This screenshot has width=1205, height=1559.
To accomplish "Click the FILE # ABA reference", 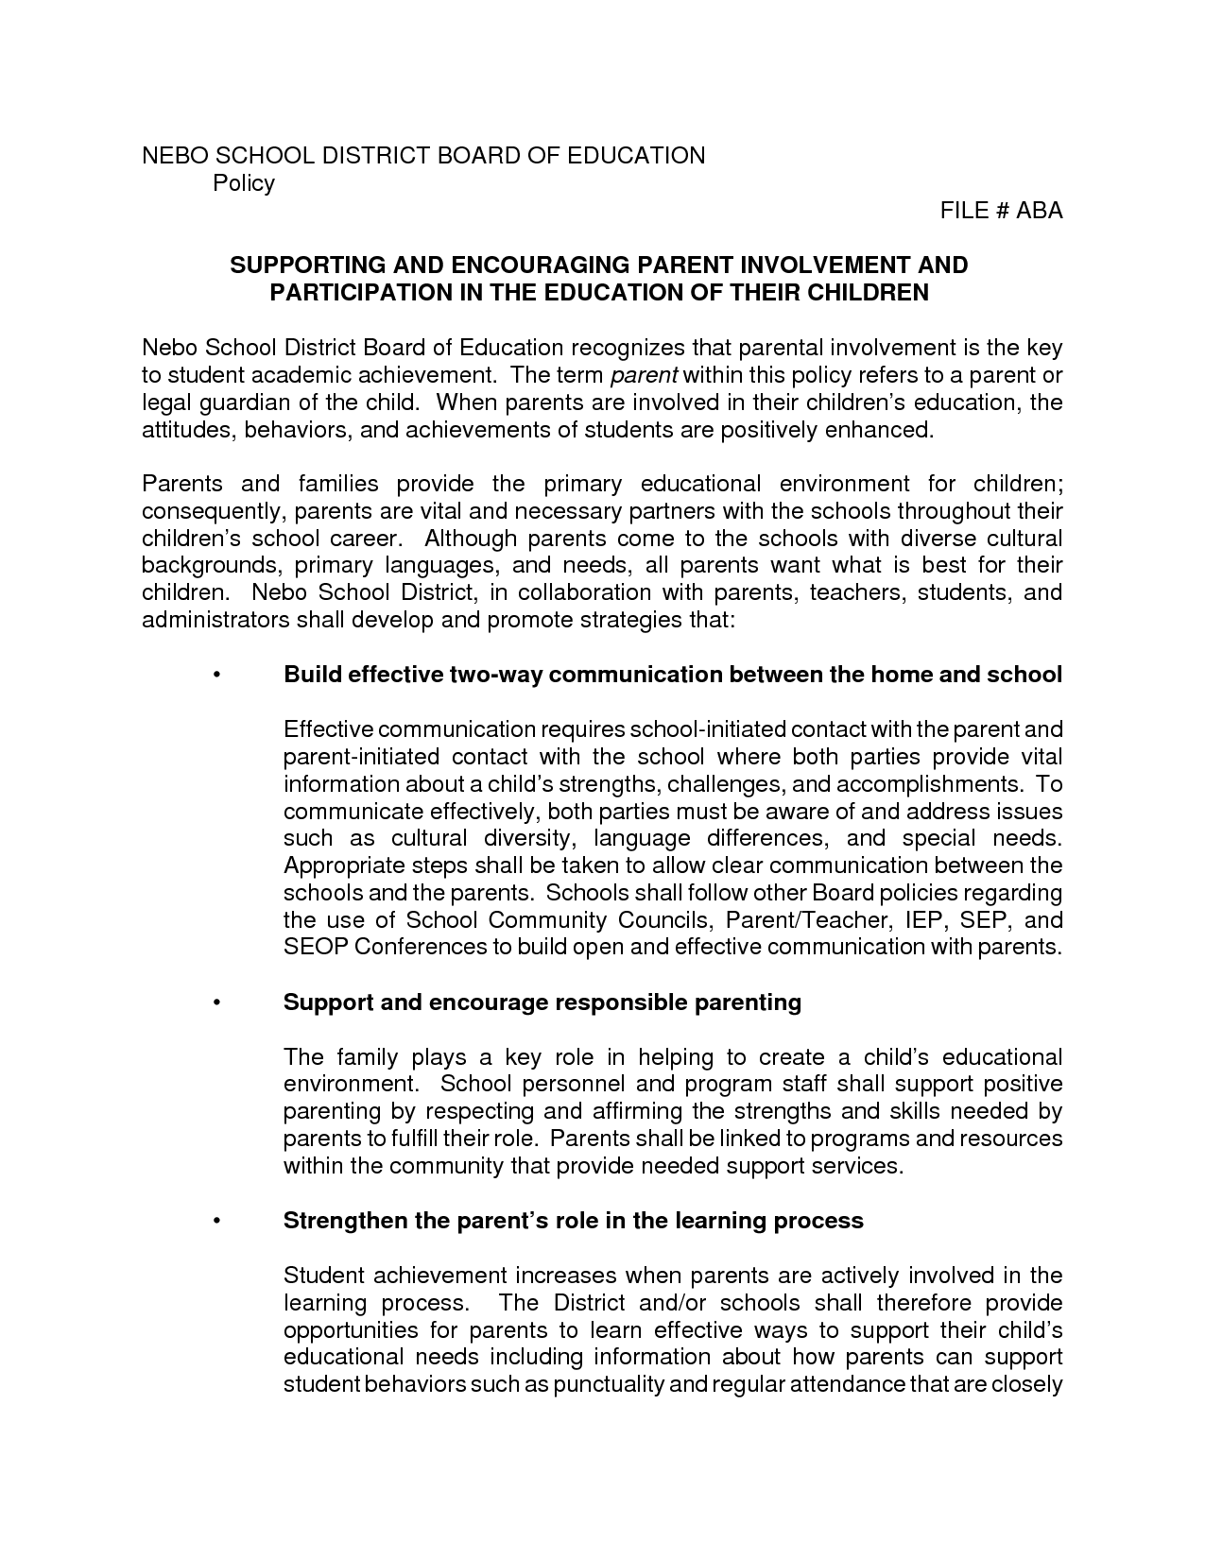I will (x=1001, y=211).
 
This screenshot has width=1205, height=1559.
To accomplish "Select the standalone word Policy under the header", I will (x=244, y=183).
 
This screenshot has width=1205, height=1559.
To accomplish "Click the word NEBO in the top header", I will (x=170, y=156).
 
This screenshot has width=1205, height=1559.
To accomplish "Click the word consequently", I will (x=215, y=512).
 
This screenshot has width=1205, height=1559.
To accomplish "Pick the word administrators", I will (x=215, y=621).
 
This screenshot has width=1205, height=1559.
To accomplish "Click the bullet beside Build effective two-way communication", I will (x=217, y=676).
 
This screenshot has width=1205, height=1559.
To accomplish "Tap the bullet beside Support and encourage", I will (x=217, y=1002).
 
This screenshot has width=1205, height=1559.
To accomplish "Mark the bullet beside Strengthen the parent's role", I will (x=217, y=1221).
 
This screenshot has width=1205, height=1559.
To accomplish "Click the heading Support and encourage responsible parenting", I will (x=542, y=1002).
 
